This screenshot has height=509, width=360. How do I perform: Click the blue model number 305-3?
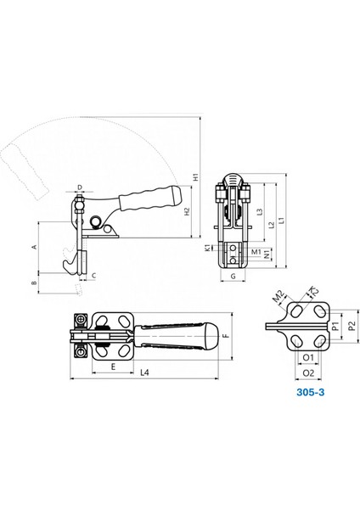click(310, 392)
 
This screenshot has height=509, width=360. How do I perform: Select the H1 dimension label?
click(195, 177)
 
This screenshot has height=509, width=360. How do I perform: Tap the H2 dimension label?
click(187, 212)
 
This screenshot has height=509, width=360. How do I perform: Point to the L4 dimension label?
click(144, 372)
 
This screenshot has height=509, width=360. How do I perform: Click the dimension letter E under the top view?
click(113, 366)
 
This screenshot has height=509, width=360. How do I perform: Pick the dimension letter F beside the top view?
click(227, 335)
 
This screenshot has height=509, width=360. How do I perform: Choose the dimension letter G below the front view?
click(233, 277)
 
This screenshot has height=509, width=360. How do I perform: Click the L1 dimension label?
click(282, 221)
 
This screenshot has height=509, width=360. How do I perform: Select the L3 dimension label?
click(260, 211)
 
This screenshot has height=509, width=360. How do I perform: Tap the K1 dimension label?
click(207, 248)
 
